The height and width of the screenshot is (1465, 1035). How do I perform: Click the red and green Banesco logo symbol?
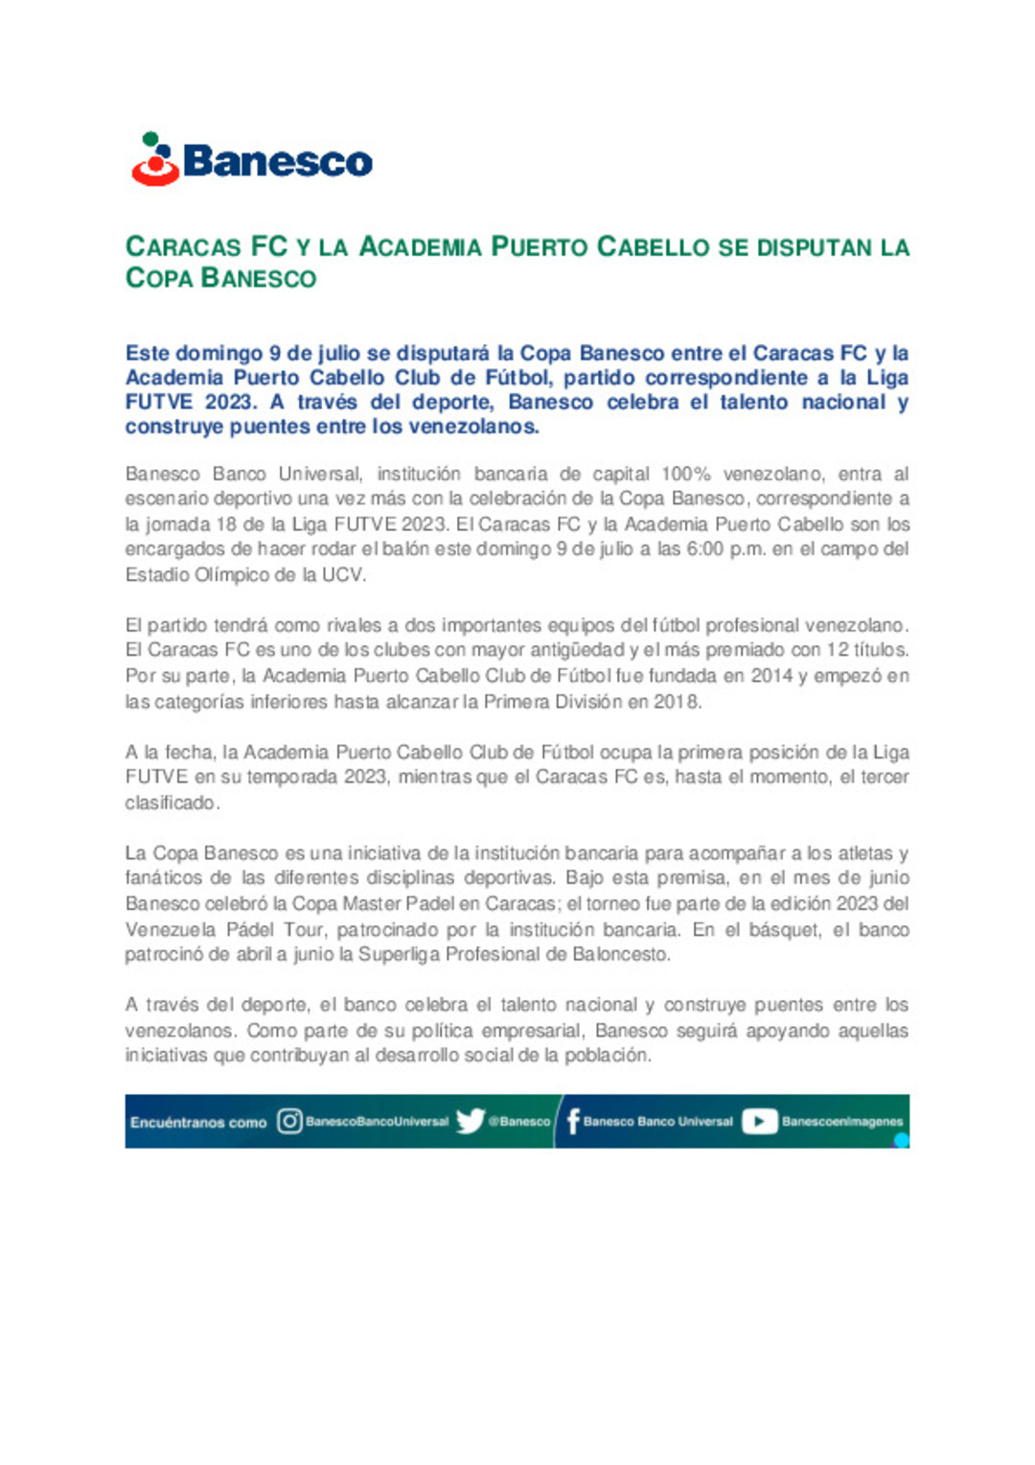[x=154, y=159]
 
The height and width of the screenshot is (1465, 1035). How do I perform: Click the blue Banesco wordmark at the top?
[x=277, y=161]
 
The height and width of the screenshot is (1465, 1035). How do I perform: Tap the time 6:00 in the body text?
[x=705, y=549]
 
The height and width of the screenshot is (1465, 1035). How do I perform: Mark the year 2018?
[x=677, y=702]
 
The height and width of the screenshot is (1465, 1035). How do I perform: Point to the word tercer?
[x=884, y=777]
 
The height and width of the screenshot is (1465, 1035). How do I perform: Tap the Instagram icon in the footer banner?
[x=289, y=1121]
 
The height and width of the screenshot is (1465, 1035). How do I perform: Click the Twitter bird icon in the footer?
[x=470, y=1121]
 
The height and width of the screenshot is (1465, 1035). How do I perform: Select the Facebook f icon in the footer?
[x=573, y=1121]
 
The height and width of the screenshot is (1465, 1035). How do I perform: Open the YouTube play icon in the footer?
[x=759, y=1121]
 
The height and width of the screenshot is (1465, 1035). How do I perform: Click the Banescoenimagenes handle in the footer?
[x=842, y=1121]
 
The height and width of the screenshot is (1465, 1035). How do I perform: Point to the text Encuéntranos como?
[x=198, y=1122]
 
